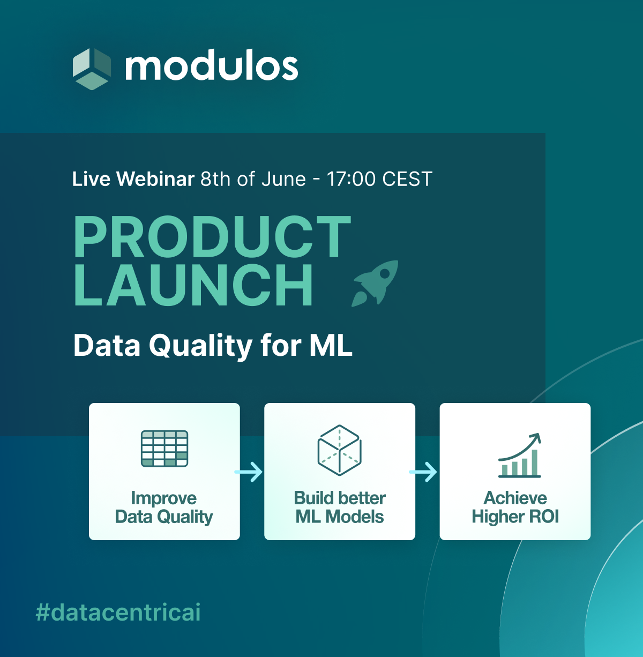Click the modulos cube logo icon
pos(92,69)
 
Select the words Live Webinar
pos(133,178)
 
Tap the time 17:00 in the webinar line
pos(351,179)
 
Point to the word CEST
pos(407,179)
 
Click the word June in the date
pos(283,179)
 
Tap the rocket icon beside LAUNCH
pos(376,283)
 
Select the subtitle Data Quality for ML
pos(213,346)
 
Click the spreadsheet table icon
pos(165,449)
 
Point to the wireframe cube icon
pos(339,450)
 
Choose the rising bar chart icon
pos(520,455)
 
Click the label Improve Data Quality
pos(164,507)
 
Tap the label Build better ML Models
pos(340,507)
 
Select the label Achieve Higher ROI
pos(515,507)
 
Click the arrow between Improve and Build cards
pos(249,472)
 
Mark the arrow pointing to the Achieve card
pos(423,472)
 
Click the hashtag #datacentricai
pos(118,613)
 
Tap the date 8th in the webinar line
pos(215,179)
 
